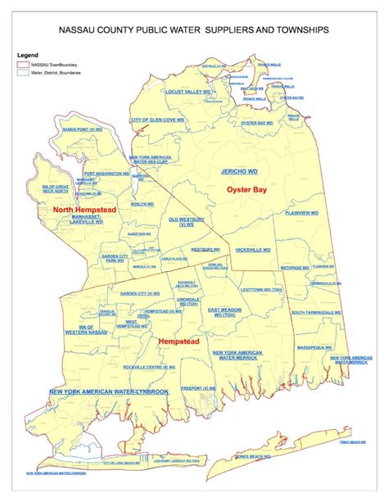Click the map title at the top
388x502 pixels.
coord(194,29)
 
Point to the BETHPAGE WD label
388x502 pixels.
coord(296,268)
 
